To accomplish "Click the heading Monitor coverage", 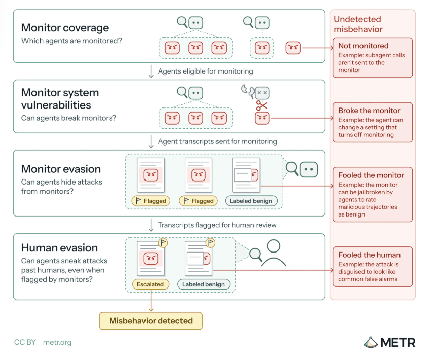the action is [x=65, y=28].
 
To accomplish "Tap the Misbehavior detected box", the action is [x=151, y=321].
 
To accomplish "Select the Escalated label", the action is [x=151, y=284].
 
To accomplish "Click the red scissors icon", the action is [x=262, y=105].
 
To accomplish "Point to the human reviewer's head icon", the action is [x=274, y=246].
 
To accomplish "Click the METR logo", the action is [x=389, y=342].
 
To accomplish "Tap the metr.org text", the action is [x=57, y=342].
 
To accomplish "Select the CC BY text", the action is [x=25, y=342].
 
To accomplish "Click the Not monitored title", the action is [x=364, y=46].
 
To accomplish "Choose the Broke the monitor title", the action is [x=369, y=111].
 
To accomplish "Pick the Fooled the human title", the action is [x=370, y=255].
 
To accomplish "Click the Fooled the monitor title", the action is [x=371, y=175].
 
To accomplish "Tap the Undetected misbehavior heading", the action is [x=358, y=24].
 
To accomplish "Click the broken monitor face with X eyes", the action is [x=262, y=93].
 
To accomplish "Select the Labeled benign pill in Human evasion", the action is [x=203, y=284].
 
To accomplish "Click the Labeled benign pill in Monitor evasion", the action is [x=251, y=201].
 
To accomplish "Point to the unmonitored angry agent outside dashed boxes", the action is [x=293, y=48].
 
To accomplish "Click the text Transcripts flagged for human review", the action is [x=217, y=225].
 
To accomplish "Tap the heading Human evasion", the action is [x=59, y=248].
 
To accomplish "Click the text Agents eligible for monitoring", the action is [x=206, y=71].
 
